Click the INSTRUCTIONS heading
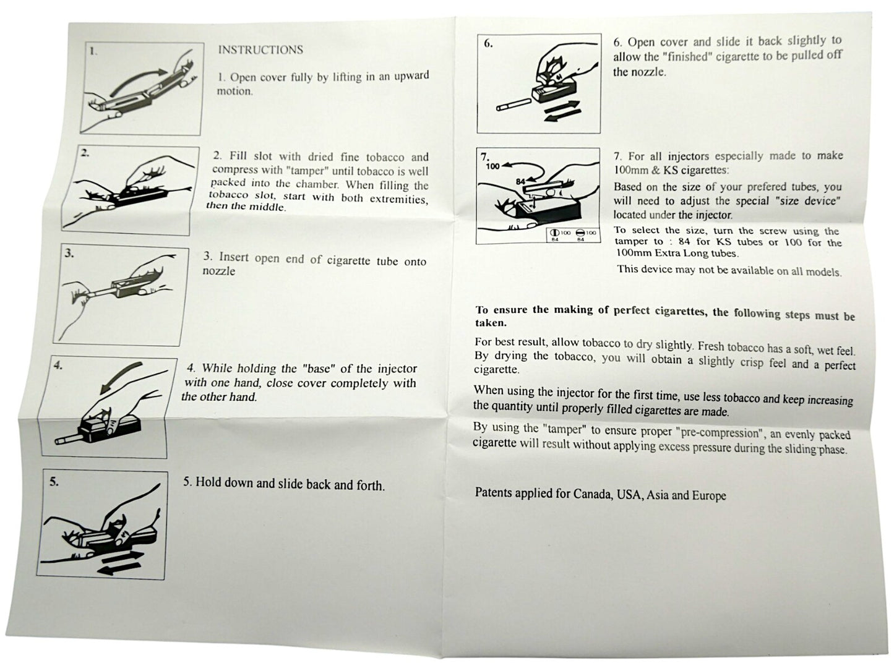pos(260,49)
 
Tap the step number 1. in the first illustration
pos(93,51)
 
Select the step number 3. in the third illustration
pos(69,254)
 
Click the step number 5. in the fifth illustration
pos(54,482)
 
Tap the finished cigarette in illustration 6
pos(514,105)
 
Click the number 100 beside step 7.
pos(493,166)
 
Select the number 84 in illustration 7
pos(520,182)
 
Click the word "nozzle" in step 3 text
pos(219,271)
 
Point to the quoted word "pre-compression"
pos(720,432)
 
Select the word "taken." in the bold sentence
pos(491,323)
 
